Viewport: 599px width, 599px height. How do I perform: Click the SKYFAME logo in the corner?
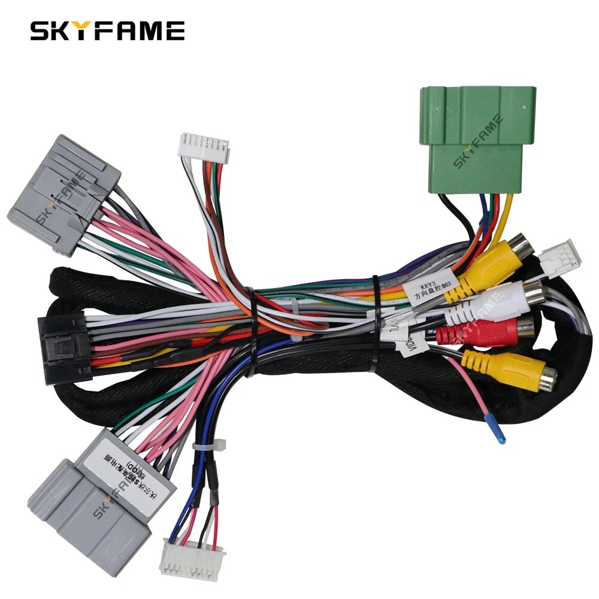(107, 31)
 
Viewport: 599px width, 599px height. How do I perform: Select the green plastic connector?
(477, 139)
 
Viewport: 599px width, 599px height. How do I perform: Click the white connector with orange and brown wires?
(204, 146)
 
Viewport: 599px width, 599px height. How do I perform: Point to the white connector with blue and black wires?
(191, 558)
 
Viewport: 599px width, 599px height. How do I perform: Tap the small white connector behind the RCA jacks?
(560, 256)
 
